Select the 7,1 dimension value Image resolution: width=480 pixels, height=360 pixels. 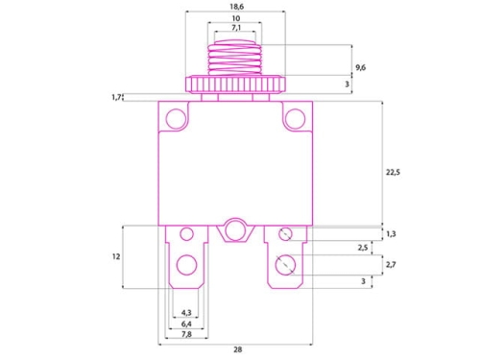[235, 29]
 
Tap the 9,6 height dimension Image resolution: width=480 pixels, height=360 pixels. [360, 67]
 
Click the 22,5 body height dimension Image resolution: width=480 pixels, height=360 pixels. [391, 173]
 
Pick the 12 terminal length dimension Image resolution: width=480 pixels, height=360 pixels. [115, 256]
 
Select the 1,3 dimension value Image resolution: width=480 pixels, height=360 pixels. [391, 233]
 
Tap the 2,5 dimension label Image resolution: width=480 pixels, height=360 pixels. [362, 249]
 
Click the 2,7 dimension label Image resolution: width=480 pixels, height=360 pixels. [391, 264]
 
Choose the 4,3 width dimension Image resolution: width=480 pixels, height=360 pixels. [186, 313]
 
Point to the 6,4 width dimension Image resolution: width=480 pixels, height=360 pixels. [186, 324]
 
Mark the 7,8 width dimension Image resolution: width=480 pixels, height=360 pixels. [186, 335]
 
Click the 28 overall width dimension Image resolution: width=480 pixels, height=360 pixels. [237, 349]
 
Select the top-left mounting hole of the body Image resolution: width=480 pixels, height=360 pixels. [176, 118]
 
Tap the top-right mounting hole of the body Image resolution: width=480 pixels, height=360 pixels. [294, 118]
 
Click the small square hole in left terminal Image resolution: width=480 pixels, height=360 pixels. [186, 233]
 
